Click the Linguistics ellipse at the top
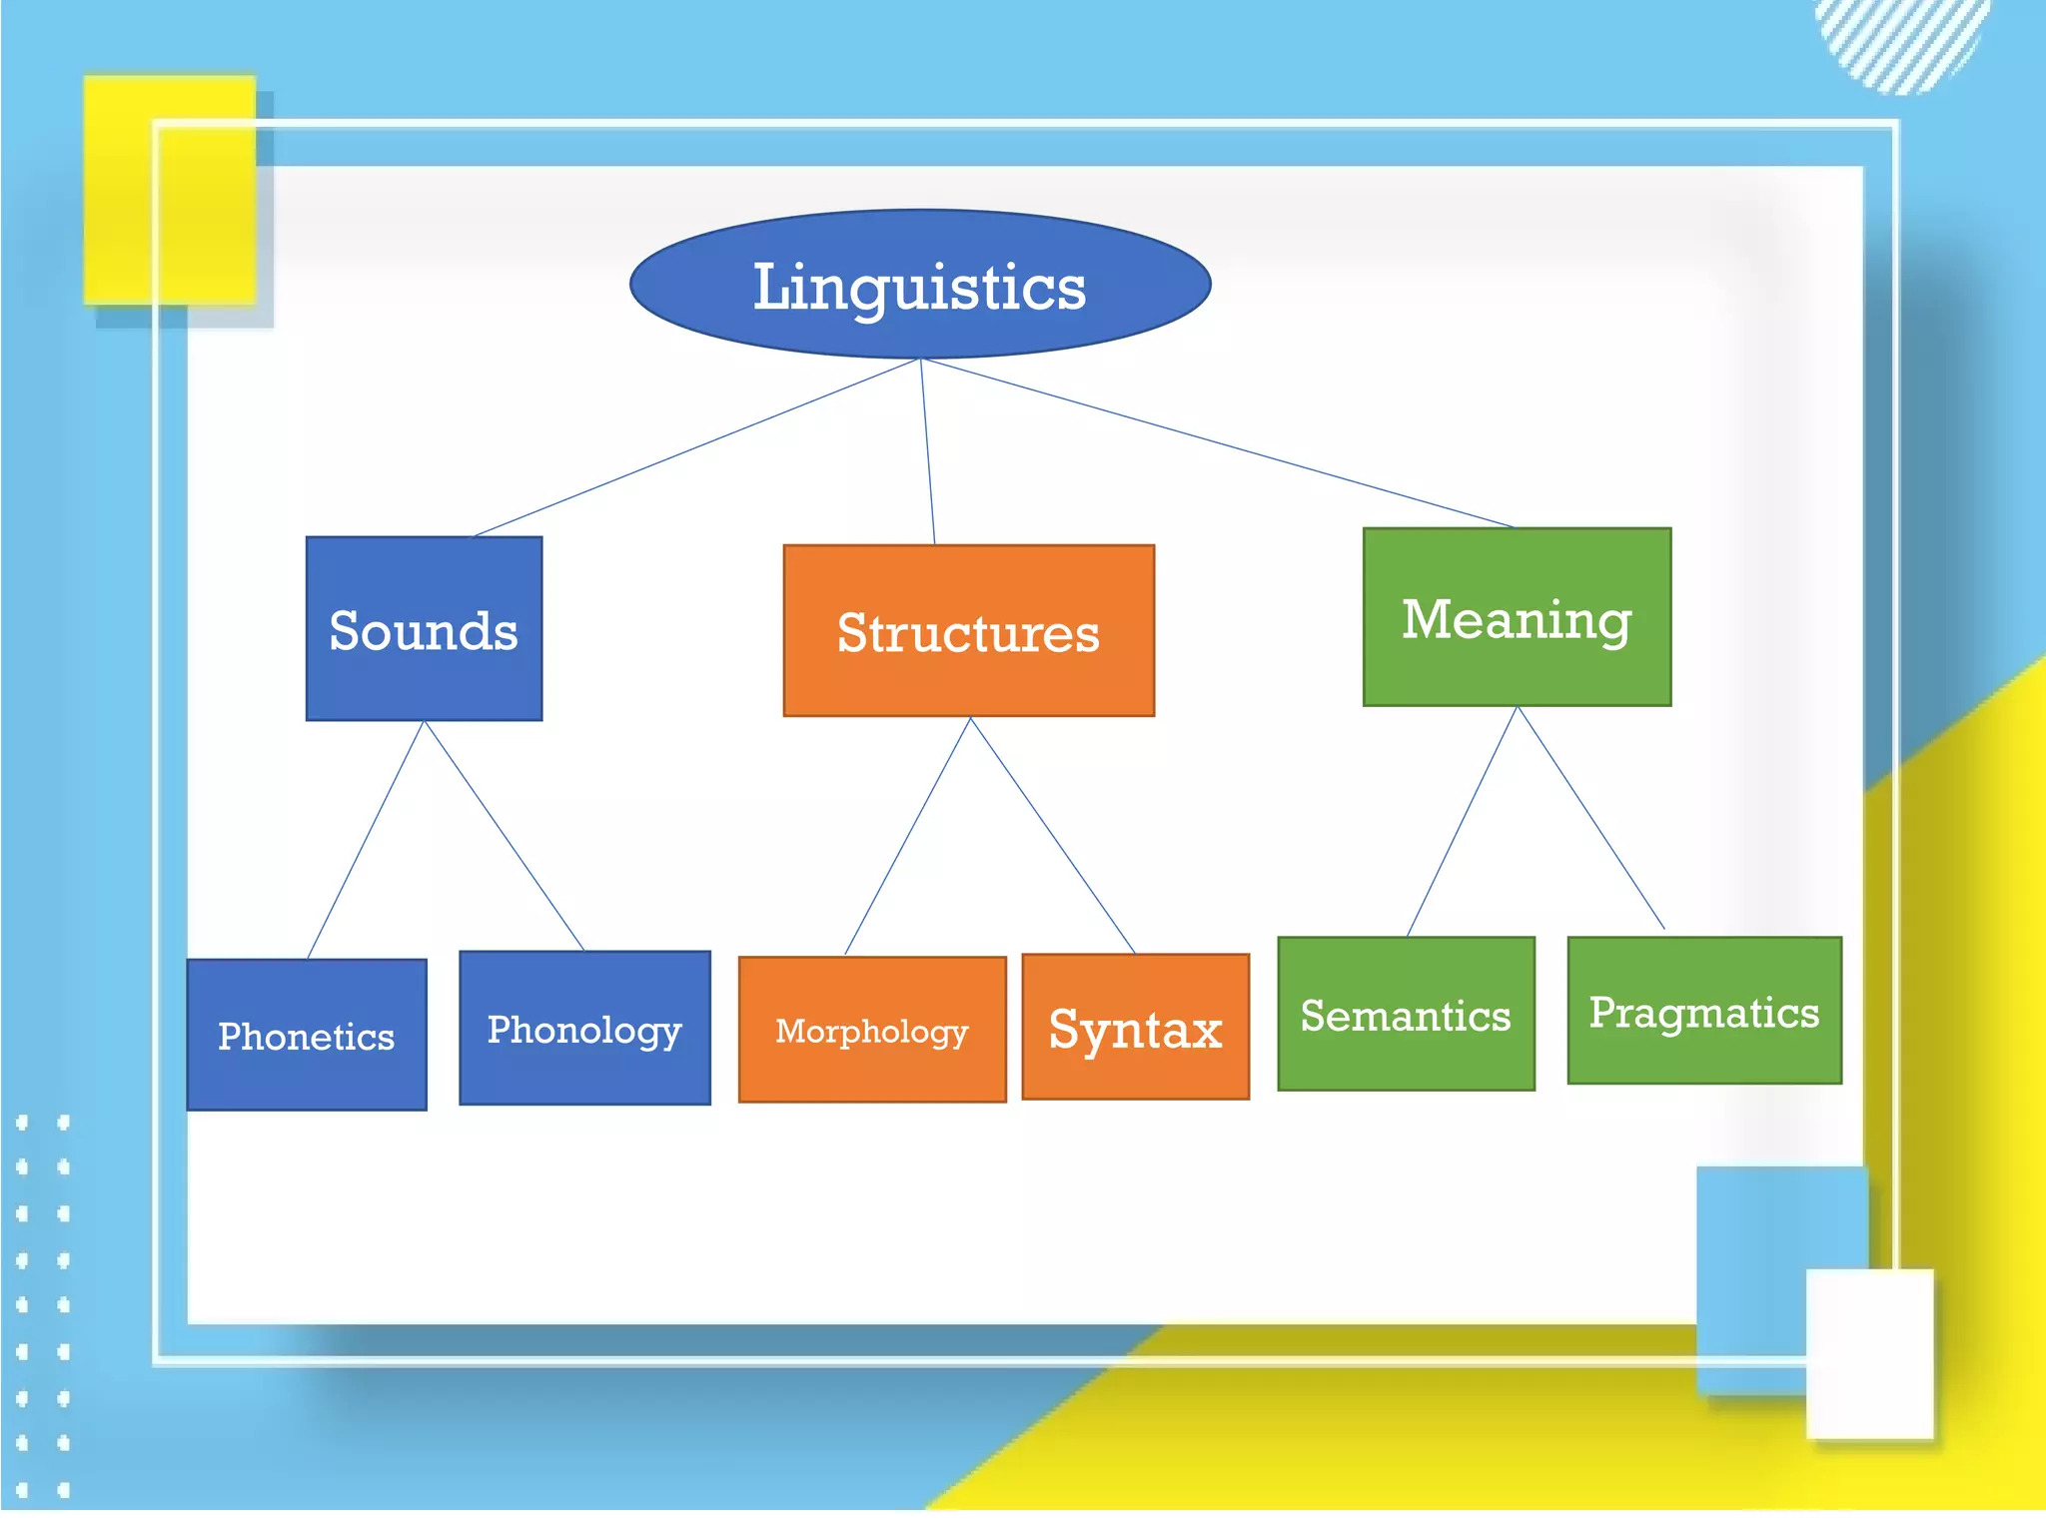pyautogui.click(x=920, y=285)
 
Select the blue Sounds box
pyautogui.click(x=424, y=629)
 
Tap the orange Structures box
pyautogui.click(x=968, y=631)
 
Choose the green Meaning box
pyautogui.click(x=1517, y=617)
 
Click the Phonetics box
pyautogui.click(x=307, y=1035)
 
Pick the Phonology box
pyautogui.click(x=584, y=1028)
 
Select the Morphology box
pyautogui.click(x=872, y=1030)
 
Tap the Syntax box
pyautogui.click(x=1136, y=1027)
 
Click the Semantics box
pyautogui.click(x=1406, y=1014)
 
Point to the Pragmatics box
pyautogui.click(x=1704, y=1011)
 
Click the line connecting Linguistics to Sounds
pyautogui.click(x=696, y=447)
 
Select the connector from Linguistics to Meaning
pyautogui.click(x=1217, y=442)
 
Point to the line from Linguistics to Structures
pyautogui.click(x=927, y=451)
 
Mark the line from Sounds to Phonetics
pyautogui.click(x=366, y=840)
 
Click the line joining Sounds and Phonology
pyautogui.click(x=504, y=835)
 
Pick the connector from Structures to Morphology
pyautogui.click(x=908, y=835)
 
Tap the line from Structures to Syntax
pyautogui.click(x=1052, y=835)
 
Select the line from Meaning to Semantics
pyautogui.click(x=1462, y=821)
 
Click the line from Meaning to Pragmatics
pyautogui.click(x=1590, y=818)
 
